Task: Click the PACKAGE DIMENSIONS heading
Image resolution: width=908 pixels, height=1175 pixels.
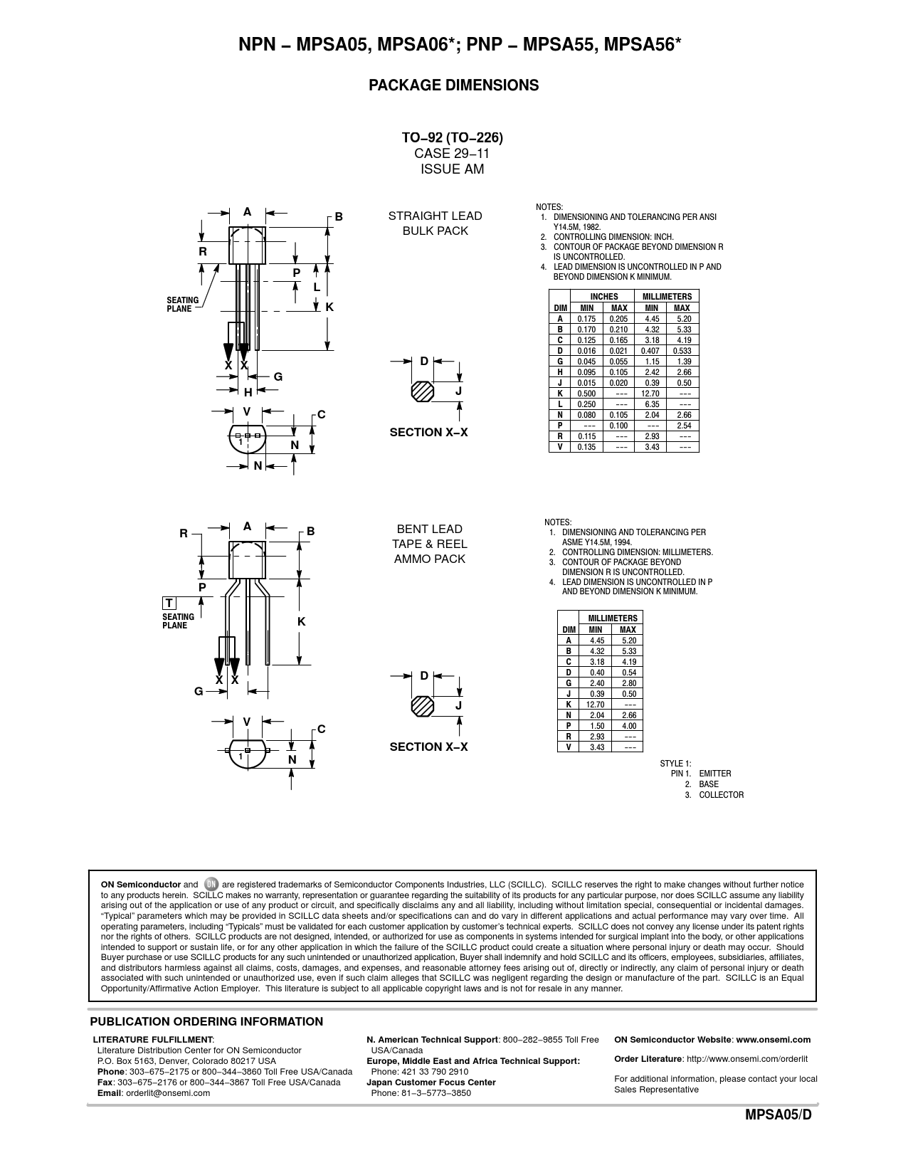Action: click(x=453, y=85)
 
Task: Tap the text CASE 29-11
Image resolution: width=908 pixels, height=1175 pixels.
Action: click(x=452, y=154)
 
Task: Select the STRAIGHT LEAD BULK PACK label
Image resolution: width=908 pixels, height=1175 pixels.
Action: click(x=435, y=223)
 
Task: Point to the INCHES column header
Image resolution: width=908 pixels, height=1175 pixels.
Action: click(x=603, y=297)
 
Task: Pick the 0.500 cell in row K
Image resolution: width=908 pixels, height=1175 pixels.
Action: click(x=586, y=394)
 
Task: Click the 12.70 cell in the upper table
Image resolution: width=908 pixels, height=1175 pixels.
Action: click(x=651, y=394)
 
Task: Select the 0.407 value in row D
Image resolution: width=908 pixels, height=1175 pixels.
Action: click(x=650, y=351)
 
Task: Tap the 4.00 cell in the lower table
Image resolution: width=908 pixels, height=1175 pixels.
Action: click(x=628, y=726)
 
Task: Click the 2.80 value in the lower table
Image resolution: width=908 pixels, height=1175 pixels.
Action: click(x=628, y=683)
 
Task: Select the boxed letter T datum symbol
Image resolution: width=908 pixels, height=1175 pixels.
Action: click(x=169, y=604)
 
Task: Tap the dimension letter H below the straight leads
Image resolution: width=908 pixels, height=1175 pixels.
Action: click(x=248, y=392)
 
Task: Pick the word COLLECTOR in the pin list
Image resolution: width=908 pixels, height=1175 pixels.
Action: click(x=721, y=795)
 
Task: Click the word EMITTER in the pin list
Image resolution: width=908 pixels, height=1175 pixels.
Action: click(x=714, y=774)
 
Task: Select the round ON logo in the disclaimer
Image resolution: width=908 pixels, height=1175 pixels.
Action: click(x=210, y=885)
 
